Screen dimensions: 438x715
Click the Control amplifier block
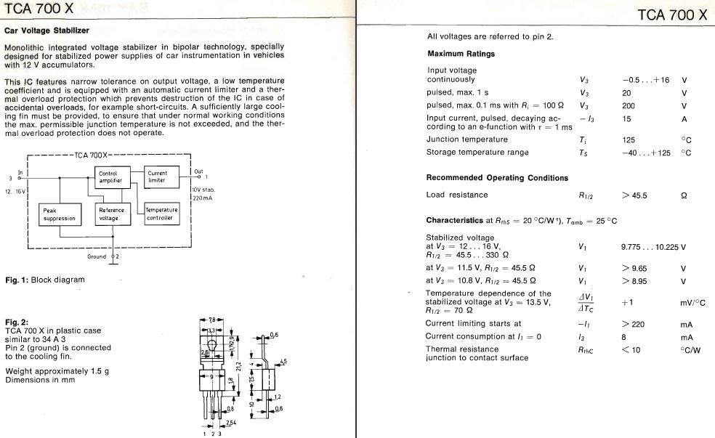[110, 177]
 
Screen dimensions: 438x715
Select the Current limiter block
[158, 177]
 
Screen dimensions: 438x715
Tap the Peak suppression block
[59, 214]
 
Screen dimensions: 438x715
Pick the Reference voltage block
[111, 214]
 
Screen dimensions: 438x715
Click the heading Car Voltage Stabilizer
[47, 31]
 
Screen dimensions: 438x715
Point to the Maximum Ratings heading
[461, 54]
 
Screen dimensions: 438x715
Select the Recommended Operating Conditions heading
[497, 178]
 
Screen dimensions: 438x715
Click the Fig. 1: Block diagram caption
[44, 280]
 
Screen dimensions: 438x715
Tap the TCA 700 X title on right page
[671, 15]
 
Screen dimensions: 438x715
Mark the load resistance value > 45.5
[634, 195]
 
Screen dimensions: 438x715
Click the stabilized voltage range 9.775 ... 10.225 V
[653, 248]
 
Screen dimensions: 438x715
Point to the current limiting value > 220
[634, 324]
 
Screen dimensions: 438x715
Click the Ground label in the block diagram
[97, 256]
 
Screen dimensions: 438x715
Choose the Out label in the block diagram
[198, 172]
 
